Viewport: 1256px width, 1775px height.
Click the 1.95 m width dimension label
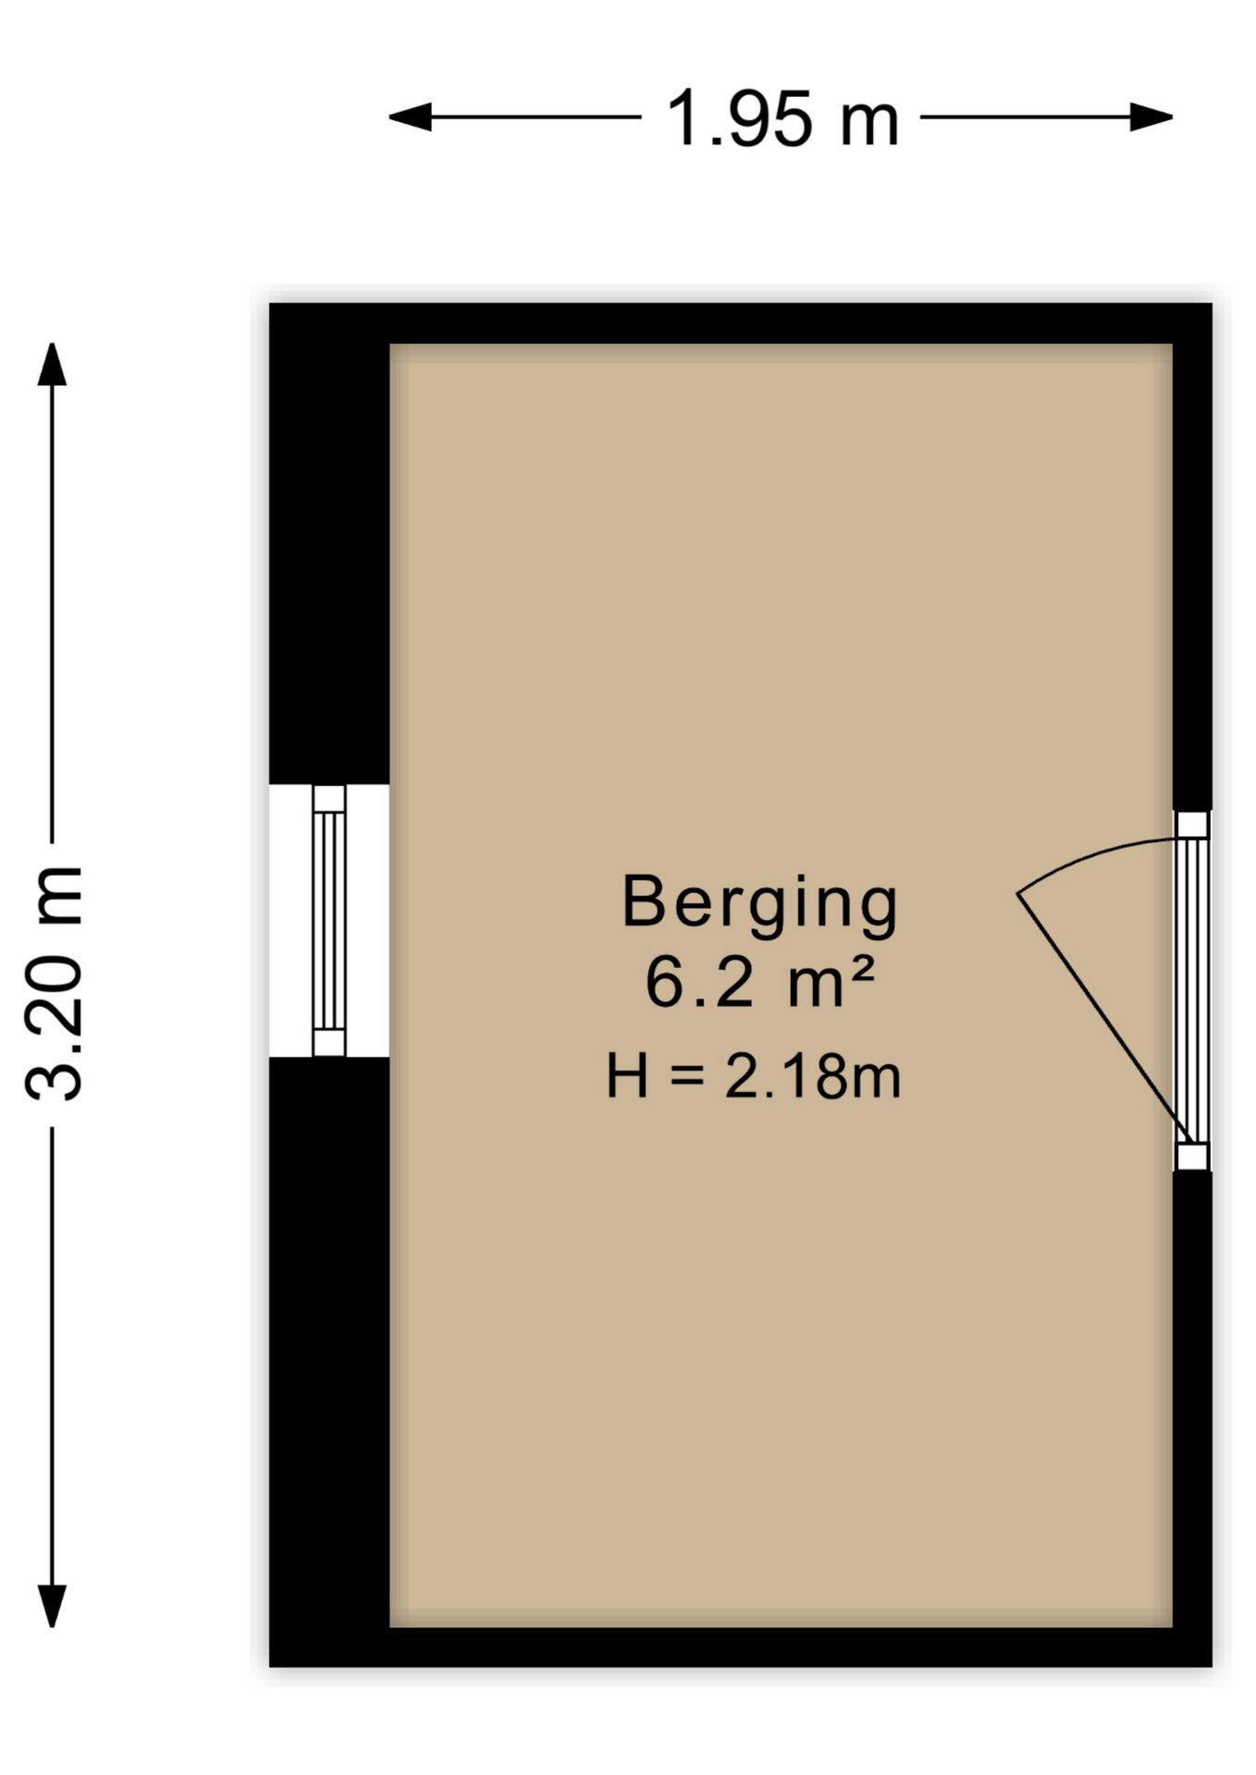click(782, 118)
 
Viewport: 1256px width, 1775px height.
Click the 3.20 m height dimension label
click(54, 984)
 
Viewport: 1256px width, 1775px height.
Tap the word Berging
click(759, 903)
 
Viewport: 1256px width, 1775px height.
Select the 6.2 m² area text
click(759, 984)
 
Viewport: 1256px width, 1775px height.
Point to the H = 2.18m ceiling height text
click(753, 1077)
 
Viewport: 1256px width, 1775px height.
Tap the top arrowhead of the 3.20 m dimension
click(52, 363)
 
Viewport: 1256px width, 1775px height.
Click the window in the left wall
click(328, 920)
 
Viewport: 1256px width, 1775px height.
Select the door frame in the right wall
click(1192, 990)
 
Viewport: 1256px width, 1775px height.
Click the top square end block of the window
click(328, 799)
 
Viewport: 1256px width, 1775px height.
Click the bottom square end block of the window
click(328, 1042)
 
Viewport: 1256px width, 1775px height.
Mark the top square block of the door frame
click(1192, 825)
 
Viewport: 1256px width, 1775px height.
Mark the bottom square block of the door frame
click(1192, 1157)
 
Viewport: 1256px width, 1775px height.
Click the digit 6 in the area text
click(663, 984)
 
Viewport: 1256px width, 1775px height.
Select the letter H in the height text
click(626, 1077)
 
